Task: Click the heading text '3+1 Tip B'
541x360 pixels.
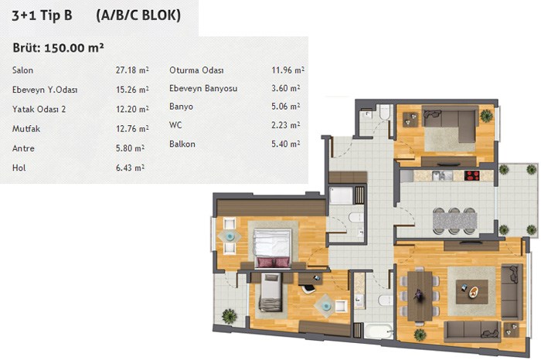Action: click(x=42, y=16)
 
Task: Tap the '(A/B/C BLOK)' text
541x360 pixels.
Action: click(x=138, y=15)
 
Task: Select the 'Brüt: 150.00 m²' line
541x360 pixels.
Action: click(x=58, y=48)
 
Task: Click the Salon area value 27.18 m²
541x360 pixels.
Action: click(x=132, y=70)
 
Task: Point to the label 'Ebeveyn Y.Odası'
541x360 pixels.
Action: click(x=45, y=90)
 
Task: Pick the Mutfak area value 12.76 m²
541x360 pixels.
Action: click(x=132, y=129)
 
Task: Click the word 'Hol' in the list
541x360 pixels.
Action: click(x=19, y=168)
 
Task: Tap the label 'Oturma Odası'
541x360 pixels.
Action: click(x=196, y=70)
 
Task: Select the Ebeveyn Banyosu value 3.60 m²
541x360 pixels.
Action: click(x=285, y=88)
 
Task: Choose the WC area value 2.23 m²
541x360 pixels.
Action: click(x=285, y=125)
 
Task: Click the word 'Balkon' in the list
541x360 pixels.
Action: click(x=182, y=144)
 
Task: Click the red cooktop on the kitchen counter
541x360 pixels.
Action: click(x=472, y=175)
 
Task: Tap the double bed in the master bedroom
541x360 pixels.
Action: click(x=272, y=248)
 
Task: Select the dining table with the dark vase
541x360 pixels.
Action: click(x=420, y=296)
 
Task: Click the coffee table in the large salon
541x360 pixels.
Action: click(x=471, y=291)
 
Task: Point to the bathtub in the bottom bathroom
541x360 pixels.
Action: click(x=378, y=331)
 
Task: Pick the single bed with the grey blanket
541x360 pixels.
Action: click(x=270, y=292)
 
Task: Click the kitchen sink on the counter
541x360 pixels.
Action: click(x=441, y=175)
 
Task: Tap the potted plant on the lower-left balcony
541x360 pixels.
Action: click(x=229, y=316)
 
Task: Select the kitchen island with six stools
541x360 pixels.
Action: click(x=454, y=222)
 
